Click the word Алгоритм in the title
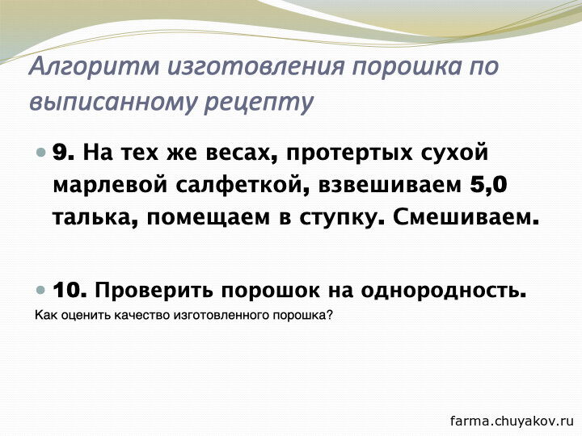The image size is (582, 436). point(95,67)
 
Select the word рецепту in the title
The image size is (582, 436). point(259,103)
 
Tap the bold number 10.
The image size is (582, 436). point(70,290)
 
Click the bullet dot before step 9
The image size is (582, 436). point(41,153)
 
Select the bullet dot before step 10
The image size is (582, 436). point(41,290)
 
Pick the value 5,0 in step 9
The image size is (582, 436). point(488,185)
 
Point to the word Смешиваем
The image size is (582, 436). point(466,217)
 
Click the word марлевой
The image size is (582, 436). point(110,185)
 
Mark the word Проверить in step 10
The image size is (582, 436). point(154,291)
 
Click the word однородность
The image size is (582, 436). point(444,291)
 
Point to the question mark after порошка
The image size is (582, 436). point(330,315)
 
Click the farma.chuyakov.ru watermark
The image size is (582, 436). point(512,421)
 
